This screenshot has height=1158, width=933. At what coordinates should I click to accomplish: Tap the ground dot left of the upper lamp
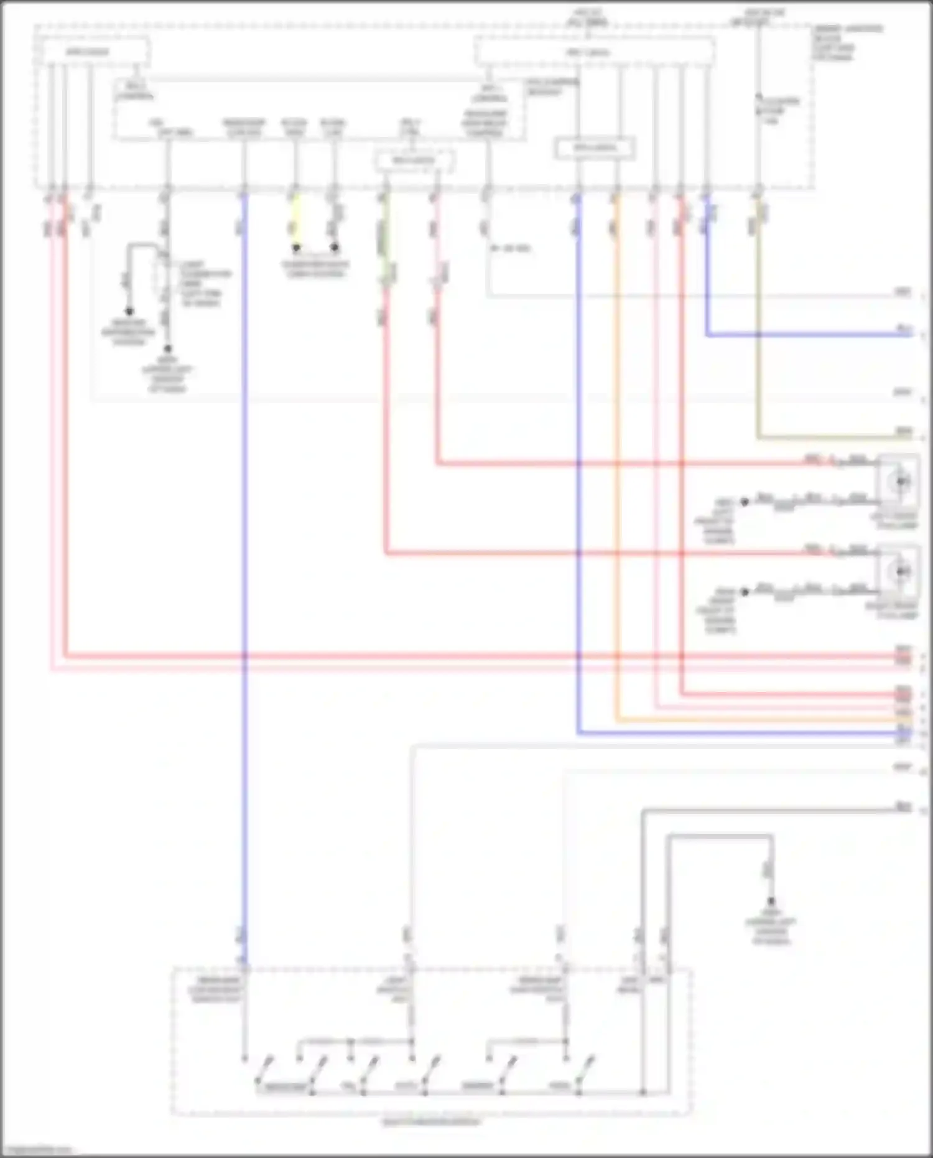(744, 502)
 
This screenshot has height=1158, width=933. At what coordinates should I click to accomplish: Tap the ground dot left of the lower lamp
(744, 592)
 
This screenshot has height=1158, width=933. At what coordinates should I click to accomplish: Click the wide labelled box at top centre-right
(594, 52)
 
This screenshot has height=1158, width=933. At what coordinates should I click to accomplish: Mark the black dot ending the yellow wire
(296, 248)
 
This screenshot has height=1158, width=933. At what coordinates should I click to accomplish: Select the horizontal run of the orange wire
(746, 721)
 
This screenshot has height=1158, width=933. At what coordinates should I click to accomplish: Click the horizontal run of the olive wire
(827, 437)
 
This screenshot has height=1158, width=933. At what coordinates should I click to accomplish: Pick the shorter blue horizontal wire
(809, 335)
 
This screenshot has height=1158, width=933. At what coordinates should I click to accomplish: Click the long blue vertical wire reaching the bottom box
(244, 560)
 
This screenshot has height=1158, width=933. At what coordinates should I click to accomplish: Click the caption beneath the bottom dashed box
(431, 1122)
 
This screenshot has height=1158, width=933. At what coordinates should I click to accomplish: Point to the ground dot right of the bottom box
(771, 900)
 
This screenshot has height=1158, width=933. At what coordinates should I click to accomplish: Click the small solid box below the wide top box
(595, 148)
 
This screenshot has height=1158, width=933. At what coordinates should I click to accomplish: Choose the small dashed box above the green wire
(414, 161)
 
